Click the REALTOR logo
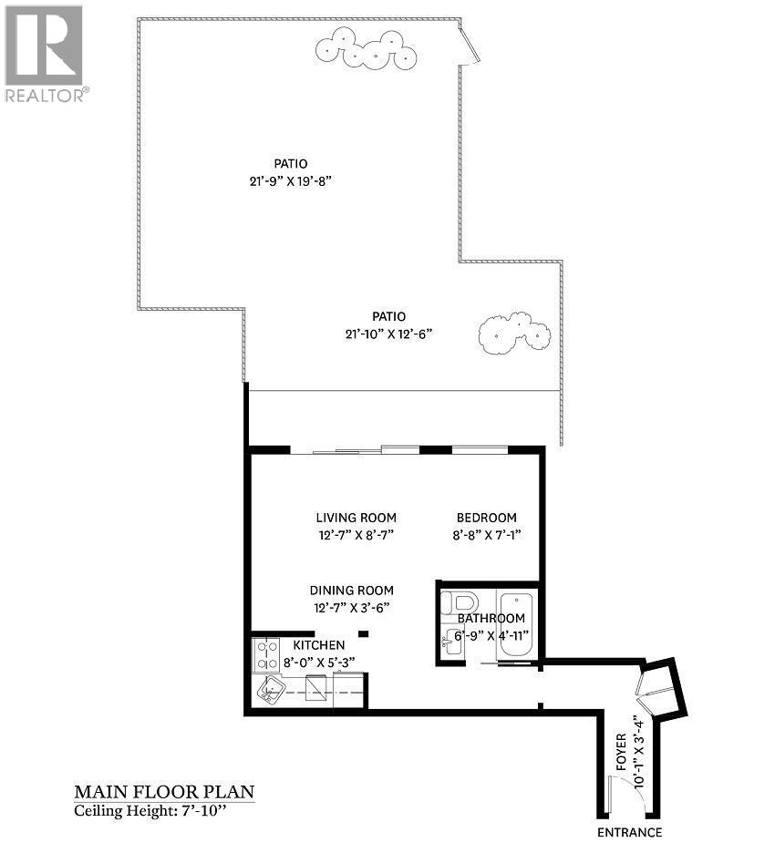tap(46, 53)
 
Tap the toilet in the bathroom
tap(462, 602)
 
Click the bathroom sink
tap(452, 641)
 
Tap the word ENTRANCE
tap(629, 832)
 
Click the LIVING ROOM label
tap(356, 518)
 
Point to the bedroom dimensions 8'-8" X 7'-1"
tap(486, 536)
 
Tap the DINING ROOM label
tap(351, 591)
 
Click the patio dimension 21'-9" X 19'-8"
tap(288, 180)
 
